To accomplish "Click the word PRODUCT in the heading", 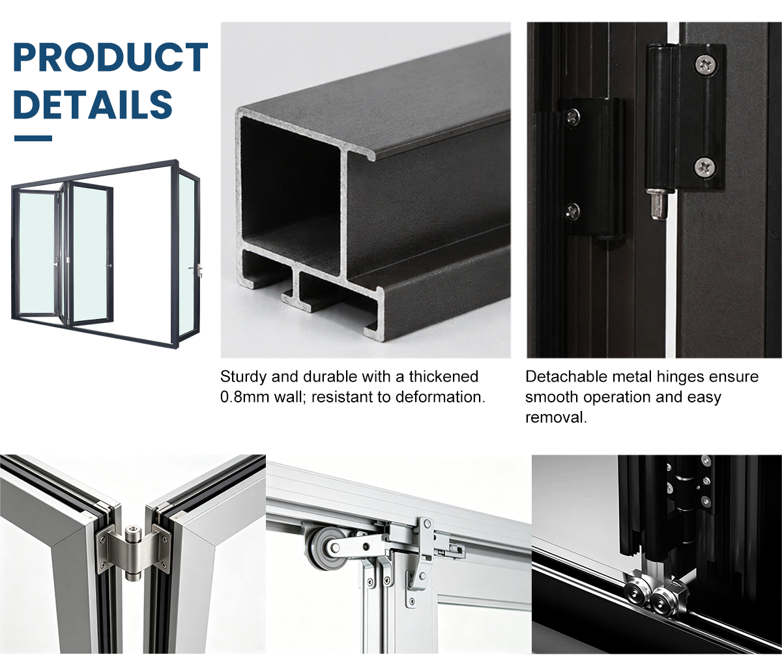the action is point(111,57).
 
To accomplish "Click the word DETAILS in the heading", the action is point(93,104).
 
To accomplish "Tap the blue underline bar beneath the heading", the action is point(33,138).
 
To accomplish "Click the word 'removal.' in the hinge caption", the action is point(556,417).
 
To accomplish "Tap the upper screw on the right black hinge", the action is point(705,65).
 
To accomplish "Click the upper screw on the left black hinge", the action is point(573,117).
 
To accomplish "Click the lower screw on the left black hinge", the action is point(572,210).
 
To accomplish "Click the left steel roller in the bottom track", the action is point(637,589).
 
